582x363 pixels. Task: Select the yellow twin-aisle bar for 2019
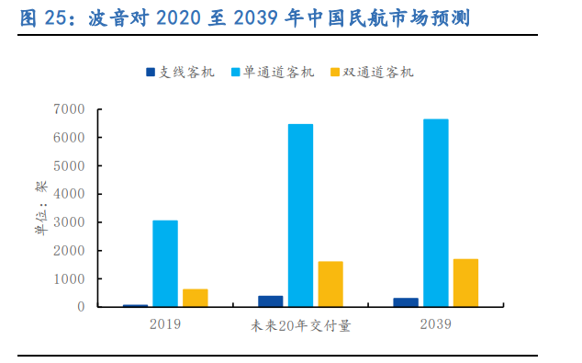[x=195, y=298]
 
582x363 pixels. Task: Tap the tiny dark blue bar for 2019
[x=136, y=305]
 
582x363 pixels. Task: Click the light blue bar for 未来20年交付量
[x=300, y=215]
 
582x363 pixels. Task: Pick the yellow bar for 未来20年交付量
[x=330, y=284]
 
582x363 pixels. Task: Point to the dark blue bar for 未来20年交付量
[x=271, y=301]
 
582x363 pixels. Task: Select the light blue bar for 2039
[x=435, y=212]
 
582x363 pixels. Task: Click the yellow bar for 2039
[x=465, y=282]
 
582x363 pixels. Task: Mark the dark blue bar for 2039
[x=406, y=302]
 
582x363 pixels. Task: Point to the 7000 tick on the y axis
[x=71, y=109]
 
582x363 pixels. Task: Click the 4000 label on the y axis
[x=71, y=194]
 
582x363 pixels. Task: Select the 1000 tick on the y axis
[x=71, y=278]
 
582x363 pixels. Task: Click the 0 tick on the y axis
[x=81, y=307]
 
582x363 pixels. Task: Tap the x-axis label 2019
[x=164, y=324]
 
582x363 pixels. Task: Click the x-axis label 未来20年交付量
[x=300, y=324]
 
